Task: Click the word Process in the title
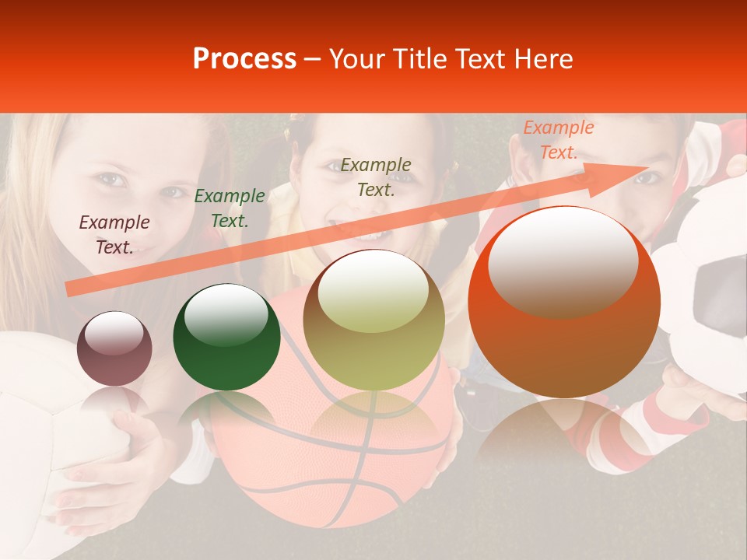click(244, 59)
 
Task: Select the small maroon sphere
click(114, 349)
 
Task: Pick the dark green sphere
click(226, 337)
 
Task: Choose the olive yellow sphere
click(374, 320)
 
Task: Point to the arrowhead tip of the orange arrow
click(647, 166)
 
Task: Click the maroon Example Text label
click(114, 235)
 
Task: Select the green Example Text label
click(230, 208)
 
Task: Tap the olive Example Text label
click(376, 177)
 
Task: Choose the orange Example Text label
click(559, 140)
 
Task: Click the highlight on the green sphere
click(226, 313)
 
